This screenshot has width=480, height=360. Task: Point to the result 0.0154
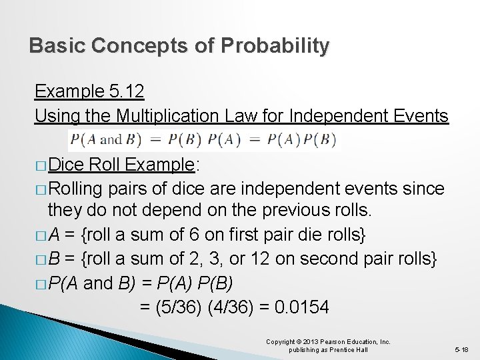[x=303, y=307]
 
